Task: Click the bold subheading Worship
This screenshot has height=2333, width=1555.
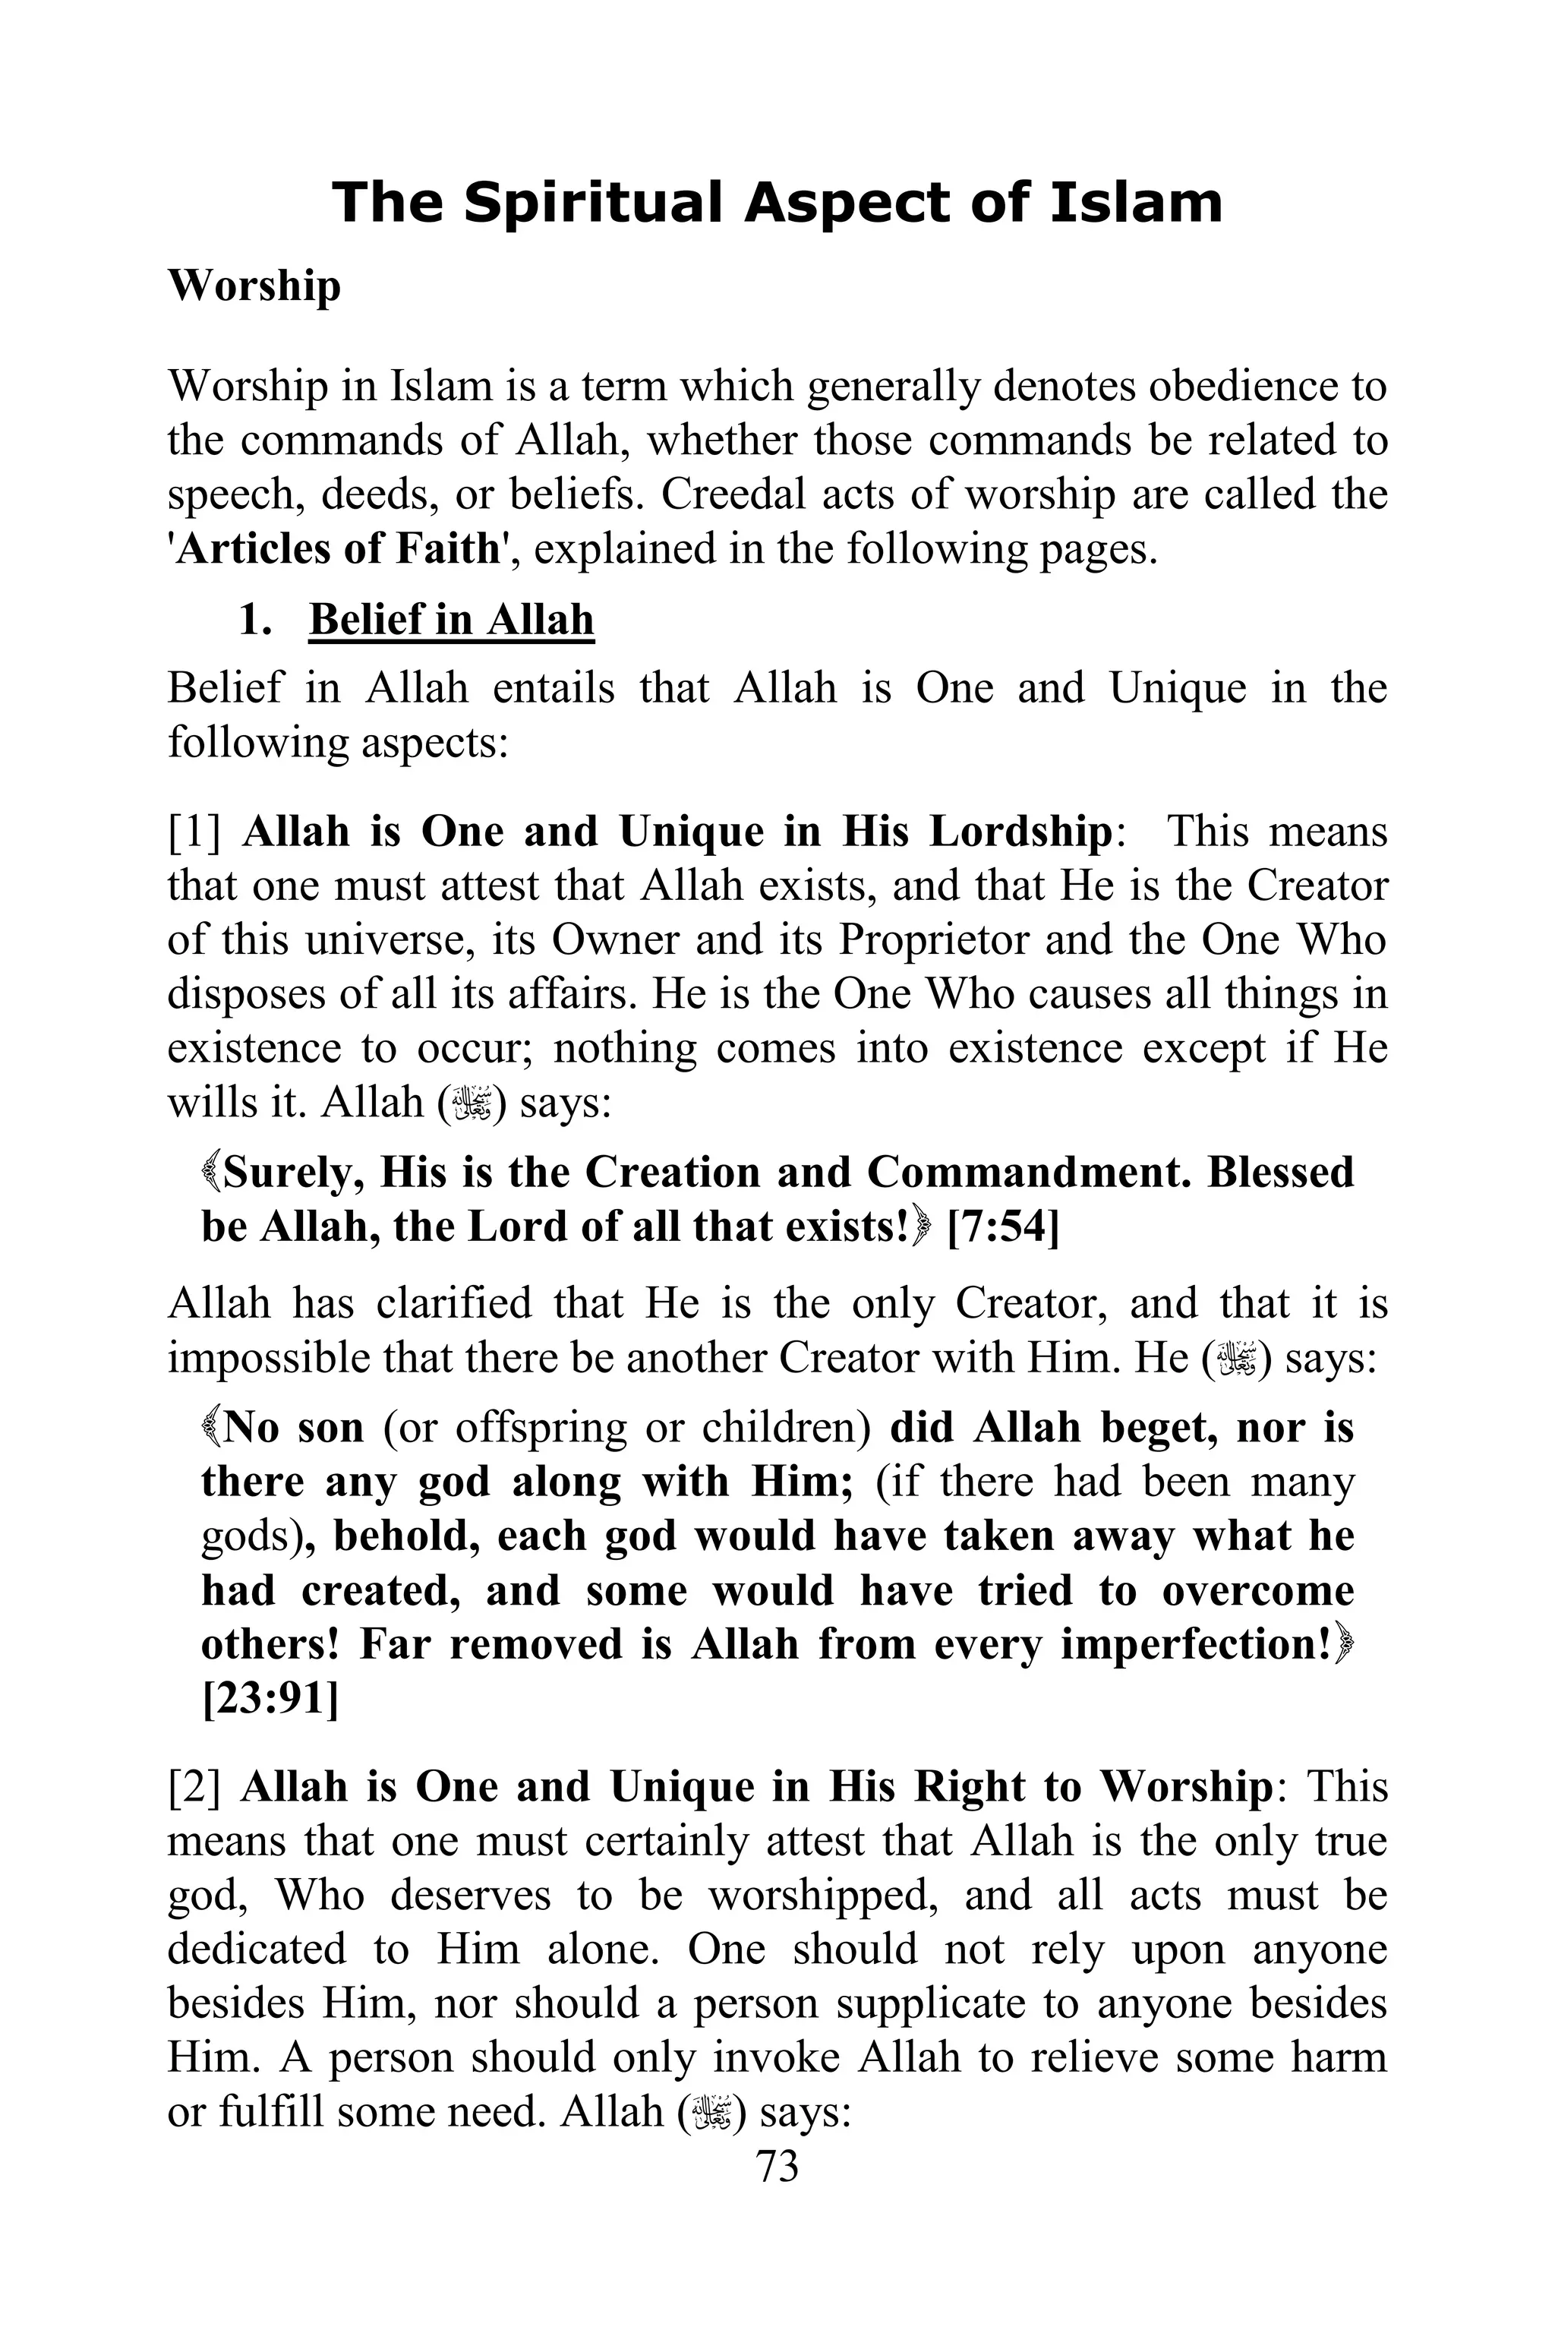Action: click(254, 286)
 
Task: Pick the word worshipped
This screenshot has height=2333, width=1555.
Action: click(823, 1895)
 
